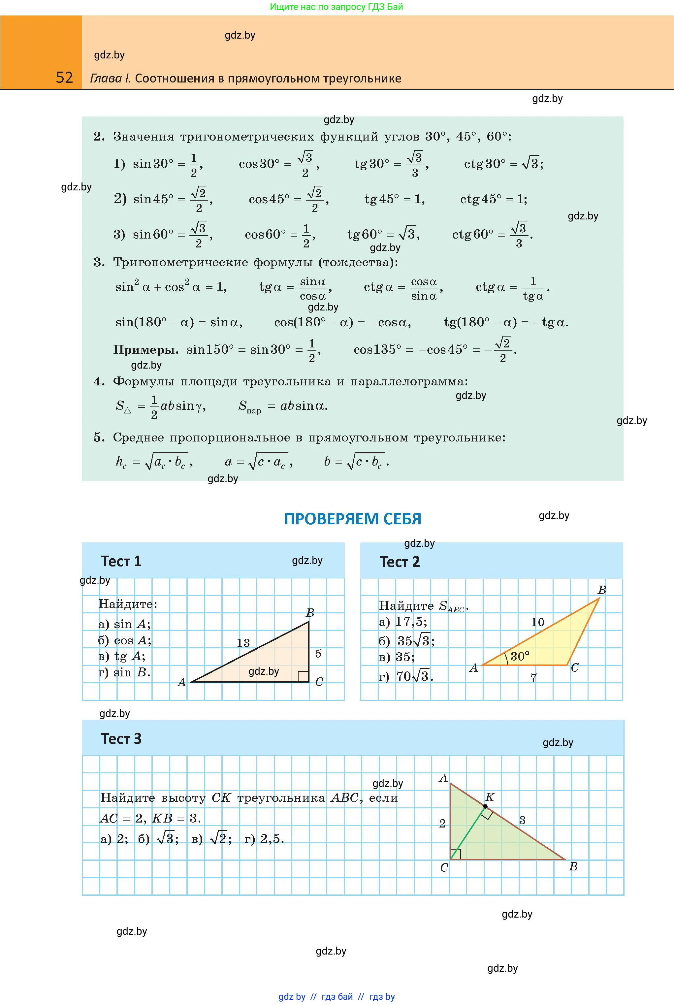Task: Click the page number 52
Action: point(64,78)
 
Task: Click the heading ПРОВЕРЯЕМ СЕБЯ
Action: point(352,519)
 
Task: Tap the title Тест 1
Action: point(121,561)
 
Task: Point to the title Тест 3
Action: point(121,738)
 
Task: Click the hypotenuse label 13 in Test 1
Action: point(243,643)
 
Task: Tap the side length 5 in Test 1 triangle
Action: point(318,653)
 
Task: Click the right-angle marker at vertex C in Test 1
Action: point(303,676)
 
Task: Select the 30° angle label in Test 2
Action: point(520,656)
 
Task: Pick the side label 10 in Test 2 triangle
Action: point(537,622)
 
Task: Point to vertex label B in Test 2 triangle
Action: point(602,590)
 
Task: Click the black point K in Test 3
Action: point(485,806)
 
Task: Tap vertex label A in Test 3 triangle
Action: point(443,778)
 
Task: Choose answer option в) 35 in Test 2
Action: point(397,657)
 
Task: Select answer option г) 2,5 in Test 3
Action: point(264,839)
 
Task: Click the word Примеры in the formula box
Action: point(145,349)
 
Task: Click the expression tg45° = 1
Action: point(394,199)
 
